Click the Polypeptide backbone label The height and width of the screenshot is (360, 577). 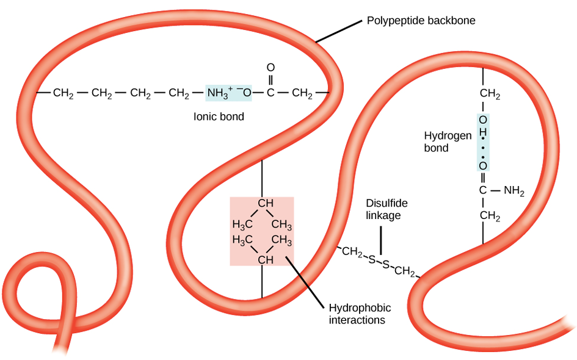pos(421,21)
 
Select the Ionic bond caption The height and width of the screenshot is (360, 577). pos(219,116)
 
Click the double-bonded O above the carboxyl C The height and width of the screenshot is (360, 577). pos(270,68)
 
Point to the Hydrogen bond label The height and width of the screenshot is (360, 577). pos(448,142)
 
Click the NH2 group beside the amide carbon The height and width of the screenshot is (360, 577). pos(513,190)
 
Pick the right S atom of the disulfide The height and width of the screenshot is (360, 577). pos(385,264)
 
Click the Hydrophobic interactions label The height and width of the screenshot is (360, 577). pos(360,313)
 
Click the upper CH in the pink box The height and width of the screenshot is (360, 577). pos(264,203)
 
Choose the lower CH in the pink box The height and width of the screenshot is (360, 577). pos(264,261)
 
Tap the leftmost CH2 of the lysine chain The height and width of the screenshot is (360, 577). pos(64,93)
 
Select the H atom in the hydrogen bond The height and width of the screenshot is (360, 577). pos(483,131)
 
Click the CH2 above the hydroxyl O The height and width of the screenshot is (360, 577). pos(490,95)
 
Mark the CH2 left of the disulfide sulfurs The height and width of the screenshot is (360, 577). pos(352,251)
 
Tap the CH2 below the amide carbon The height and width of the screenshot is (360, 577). pos(490,216)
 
